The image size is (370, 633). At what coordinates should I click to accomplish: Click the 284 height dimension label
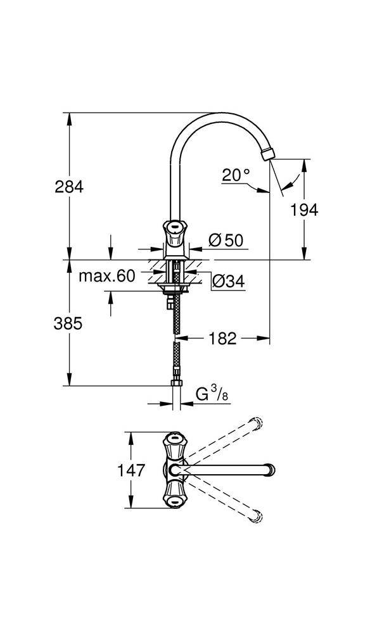pos(68,187)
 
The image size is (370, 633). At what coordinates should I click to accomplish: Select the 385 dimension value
pos(68,323)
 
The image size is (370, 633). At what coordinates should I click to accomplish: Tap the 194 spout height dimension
pos(305,210)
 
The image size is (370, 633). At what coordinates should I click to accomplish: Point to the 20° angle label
pos(236,175)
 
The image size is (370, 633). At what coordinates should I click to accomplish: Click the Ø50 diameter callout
pos(226,240)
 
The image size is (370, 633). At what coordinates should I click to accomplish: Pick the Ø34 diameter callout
pos(228,281)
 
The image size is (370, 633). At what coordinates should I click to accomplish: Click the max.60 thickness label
pos(108,276)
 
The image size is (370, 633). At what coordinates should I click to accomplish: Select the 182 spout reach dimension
pos(222,339)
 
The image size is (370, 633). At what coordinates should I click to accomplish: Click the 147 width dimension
pos(132,470)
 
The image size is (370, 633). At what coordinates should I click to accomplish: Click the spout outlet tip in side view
pos(269,153)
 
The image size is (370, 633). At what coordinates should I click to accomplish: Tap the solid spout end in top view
pos(271,470)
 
